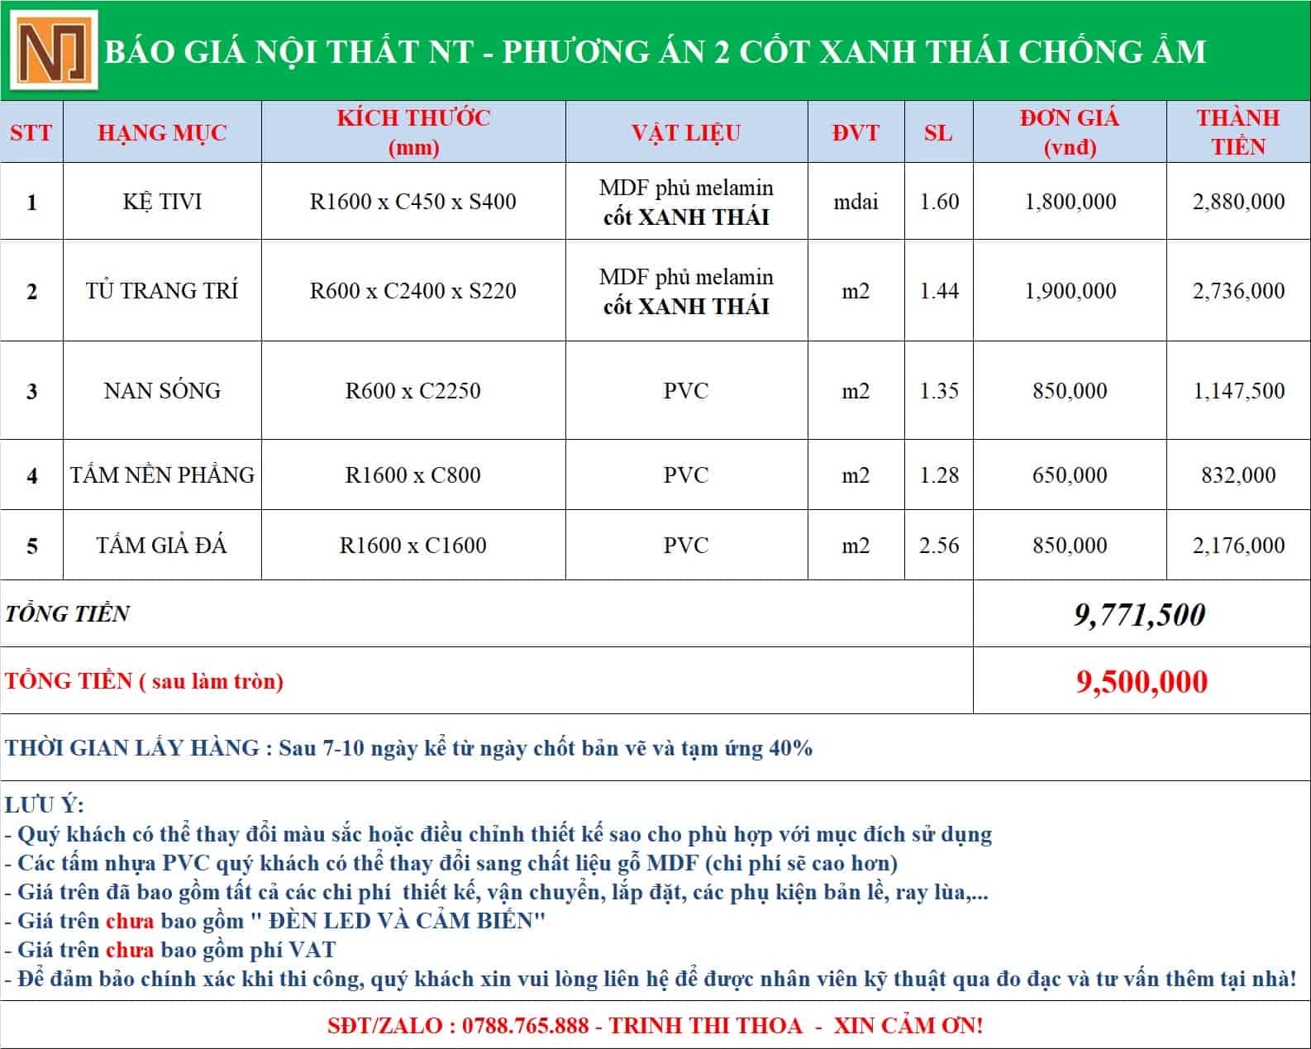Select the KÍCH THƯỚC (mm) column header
(x=412, y=132)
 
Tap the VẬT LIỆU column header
(x=686, y=132)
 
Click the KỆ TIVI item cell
(x=162, y=202)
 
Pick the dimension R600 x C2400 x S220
(x=412, y=291)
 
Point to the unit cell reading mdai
(x=856, y=202)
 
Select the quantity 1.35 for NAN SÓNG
(x=939, y=390)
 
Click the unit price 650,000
(x=1070, y=475)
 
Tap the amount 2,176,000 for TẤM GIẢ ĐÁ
(x=1238, y=546)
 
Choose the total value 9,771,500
(x=1140, y=614)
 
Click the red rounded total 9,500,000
(x=1142, y=681)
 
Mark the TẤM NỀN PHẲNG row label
(x=162, y=475)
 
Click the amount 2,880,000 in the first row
(x=1238, y=202)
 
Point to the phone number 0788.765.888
(x=526, y=1026)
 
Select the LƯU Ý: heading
(x=45, y=805)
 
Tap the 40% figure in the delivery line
(x=790, y=748)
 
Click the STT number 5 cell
(x=31, y=546)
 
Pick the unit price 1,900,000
(x=1070, y=291)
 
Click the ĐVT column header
(x=856, y=132)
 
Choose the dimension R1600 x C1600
(x=412, y=546)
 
